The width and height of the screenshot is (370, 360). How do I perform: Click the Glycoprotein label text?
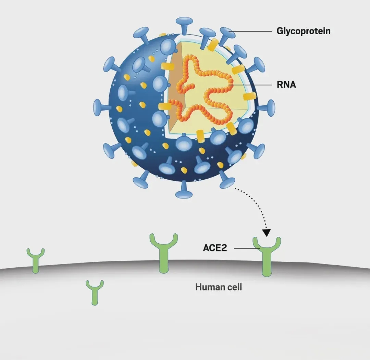click(x=304, y=31)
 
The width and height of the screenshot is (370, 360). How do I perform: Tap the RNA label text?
click(x=286, y=85)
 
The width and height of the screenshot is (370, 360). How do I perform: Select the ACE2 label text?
click(x=215, y=248)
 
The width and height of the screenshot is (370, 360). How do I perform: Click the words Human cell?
click(x=219, y=287)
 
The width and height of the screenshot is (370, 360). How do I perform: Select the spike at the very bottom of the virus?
click(x=184, y=191)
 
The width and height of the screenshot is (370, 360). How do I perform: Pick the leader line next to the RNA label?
click(x=254, y=85)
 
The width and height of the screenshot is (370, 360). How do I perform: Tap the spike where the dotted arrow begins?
click(x=227, y=181)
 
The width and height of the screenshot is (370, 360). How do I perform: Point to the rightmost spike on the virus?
click(x=269, y=107)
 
